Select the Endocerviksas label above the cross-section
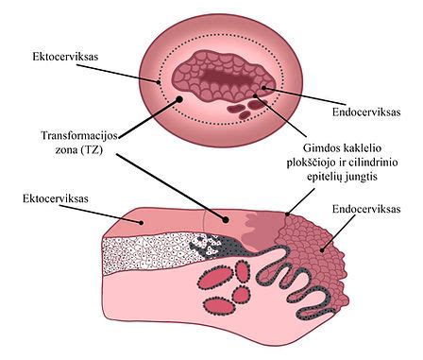pos(367,208)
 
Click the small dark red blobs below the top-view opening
pos(245,106)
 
